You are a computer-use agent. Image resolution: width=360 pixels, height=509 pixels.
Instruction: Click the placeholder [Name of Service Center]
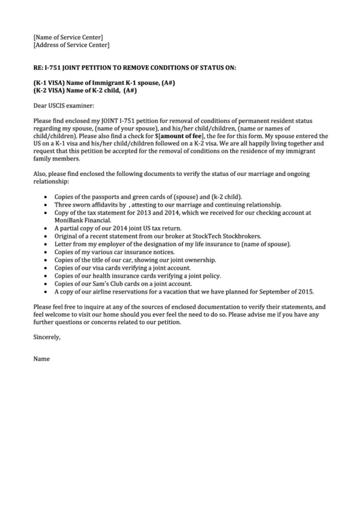[x=68, y=36]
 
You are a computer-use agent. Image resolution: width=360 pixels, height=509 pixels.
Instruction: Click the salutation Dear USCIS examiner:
[x=65, y=105]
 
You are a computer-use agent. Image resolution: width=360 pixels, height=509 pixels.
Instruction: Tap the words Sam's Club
[x=107, y=283]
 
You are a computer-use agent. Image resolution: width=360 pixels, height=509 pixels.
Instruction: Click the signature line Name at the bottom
[x=41, y=357]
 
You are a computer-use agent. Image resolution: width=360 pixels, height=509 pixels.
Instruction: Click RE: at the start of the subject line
[x=39, y=69]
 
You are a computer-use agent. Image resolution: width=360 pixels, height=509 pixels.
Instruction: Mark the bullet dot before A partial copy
[x=46, y=228]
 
